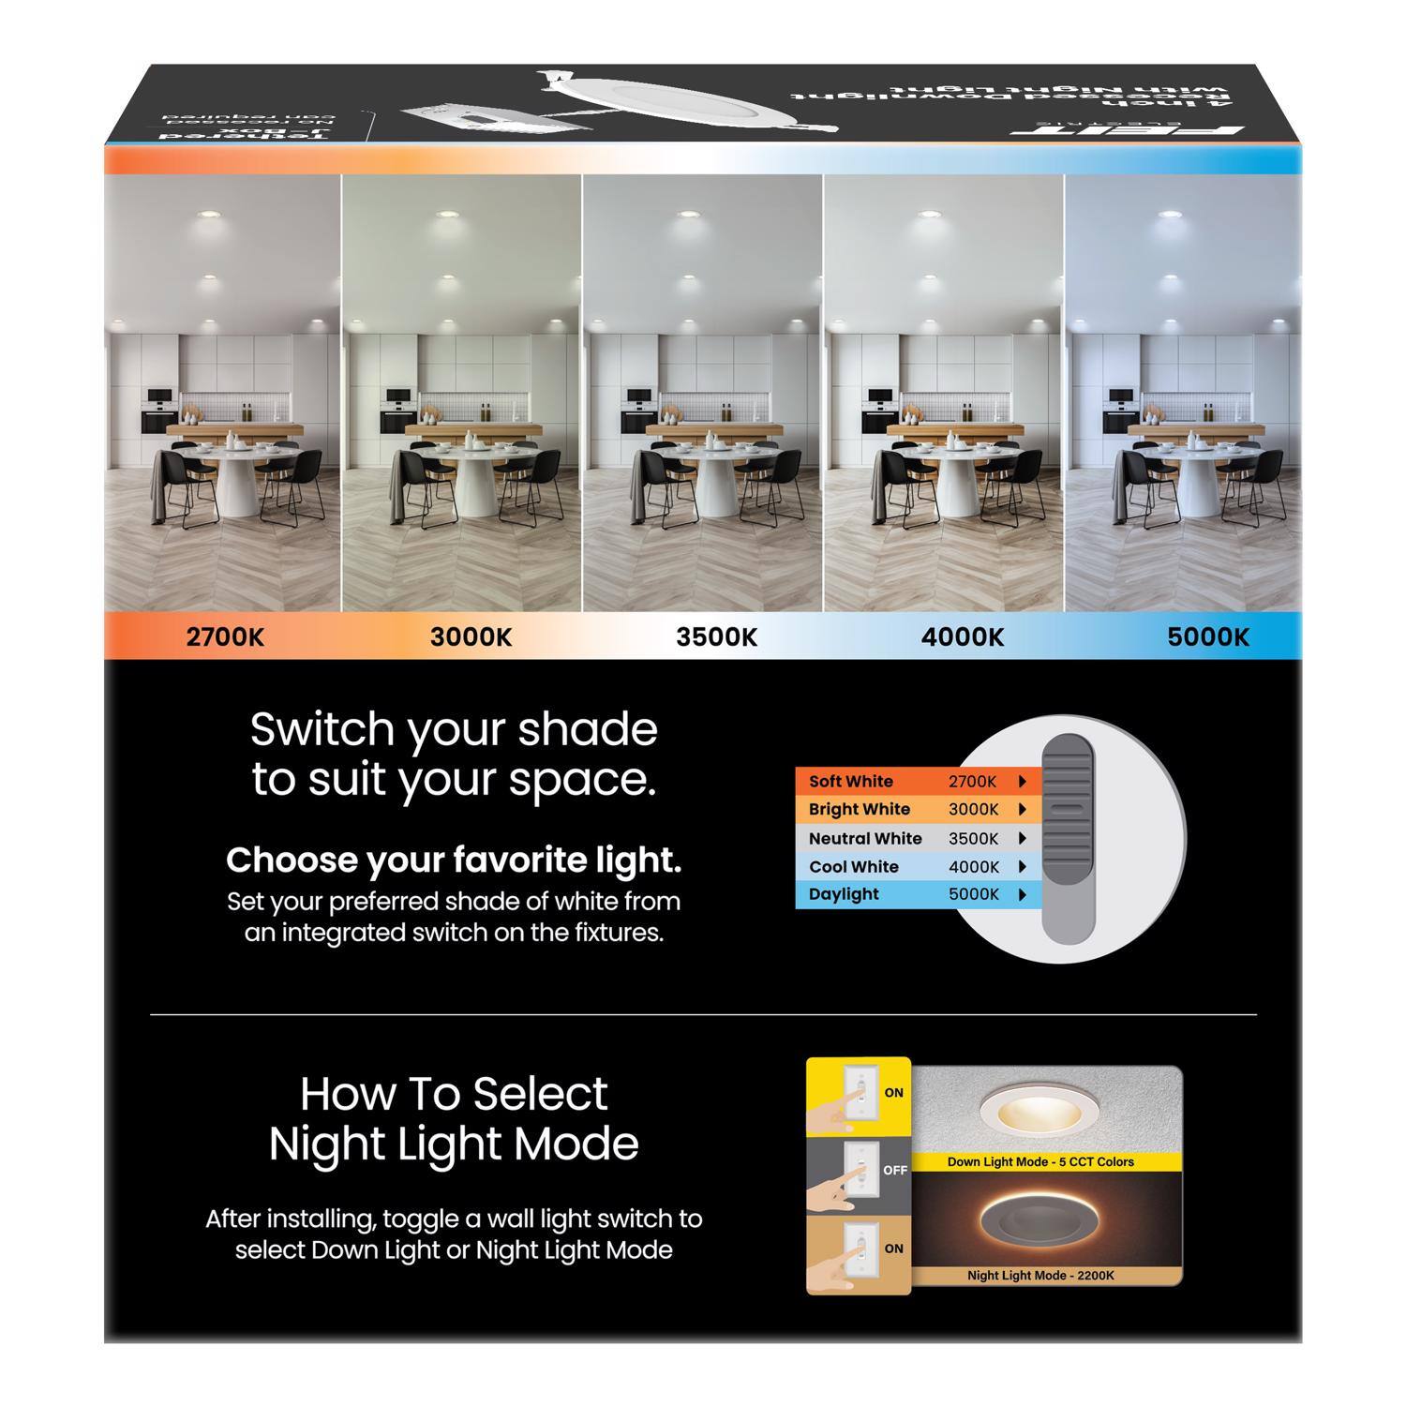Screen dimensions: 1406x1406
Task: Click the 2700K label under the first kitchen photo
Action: click(225, 637)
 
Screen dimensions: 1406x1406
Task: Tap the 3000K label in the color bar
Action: click(471, 637)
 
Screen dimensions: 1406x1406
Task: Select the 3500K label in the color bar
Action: click(716, 637)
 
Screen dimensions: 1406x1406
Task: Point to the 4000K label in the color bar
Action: click(963, 637)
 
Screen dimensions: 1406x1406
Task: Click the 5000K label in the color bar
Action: click(1208, 637)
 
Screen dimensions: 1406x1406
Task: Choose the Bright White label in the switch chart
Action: click(859, 809)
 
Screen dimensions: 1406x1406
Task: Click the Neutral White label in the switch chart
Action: click(864, 838)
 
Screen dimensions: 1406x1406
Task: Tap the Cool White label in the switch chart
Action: click(853, 866)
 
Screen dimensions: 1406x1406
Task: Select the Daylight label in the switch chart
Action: click(844, 894)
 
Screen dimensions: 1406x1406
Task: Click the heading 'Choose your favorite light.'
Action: click(454, 860)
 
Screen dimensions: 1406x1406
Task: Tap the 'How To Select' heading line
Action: click(454, 1093)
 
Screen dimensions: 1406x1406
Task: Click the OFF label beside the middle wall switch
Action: click(894, 1170)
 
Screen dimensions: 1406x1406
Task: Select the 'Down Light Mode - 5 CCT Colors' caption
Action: click(1040, 1161)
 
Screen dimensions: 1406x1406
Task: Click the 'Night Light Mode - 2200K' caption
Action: click(1040, 1276)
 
